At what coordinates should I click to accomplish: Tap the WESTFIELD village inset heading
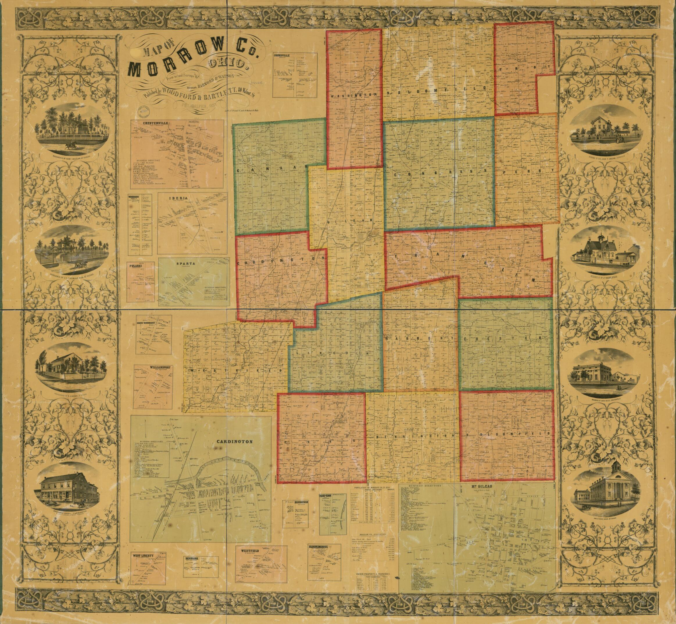[x=249, y=550]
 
